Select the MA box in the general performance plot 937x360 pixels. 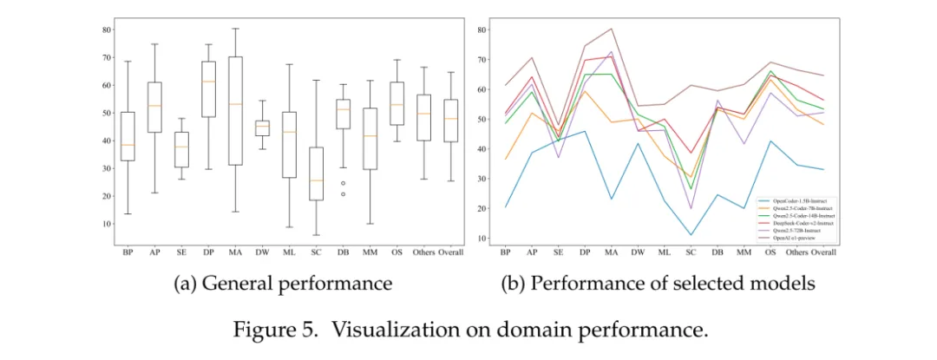point(235,111)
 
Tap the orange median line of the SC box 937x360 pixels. point(318,180)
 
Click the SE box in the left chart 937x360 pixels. point(180,144)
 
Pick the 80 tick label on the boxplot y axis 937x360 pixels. point(107,30)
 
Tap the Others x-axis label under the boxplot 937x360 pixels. point(423,252)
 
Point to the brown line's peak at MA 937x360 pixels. point(611,29)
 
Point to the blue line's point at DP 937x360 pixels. point(584,131)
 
